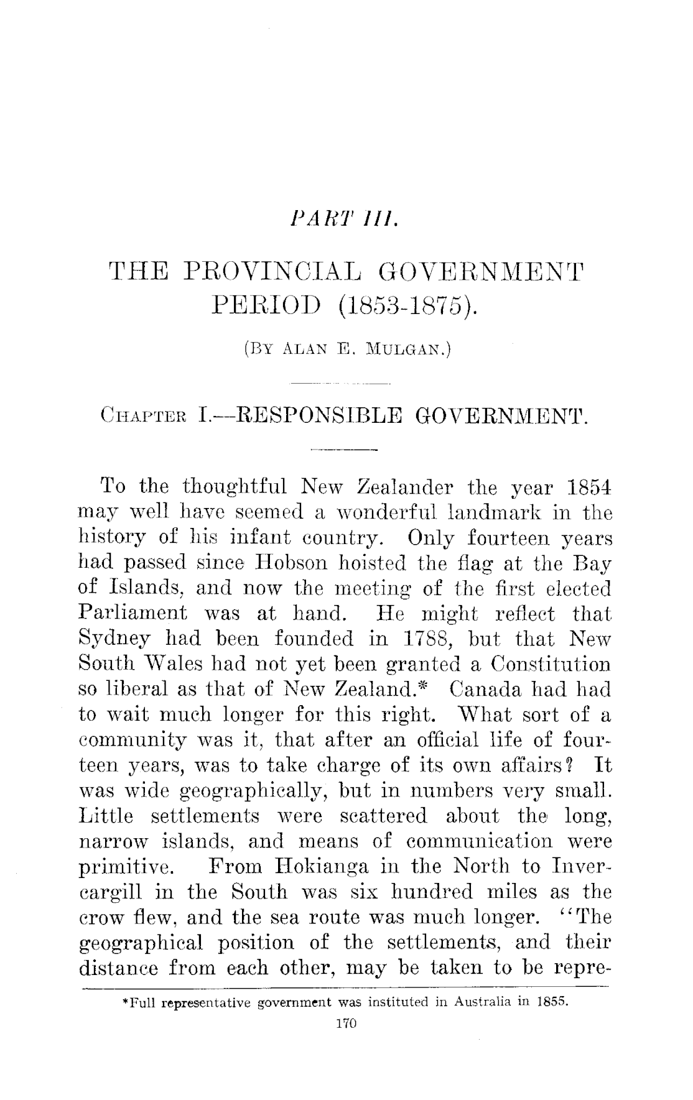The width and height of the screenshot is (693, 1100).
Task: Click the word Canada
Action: [x=485, y=690]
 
